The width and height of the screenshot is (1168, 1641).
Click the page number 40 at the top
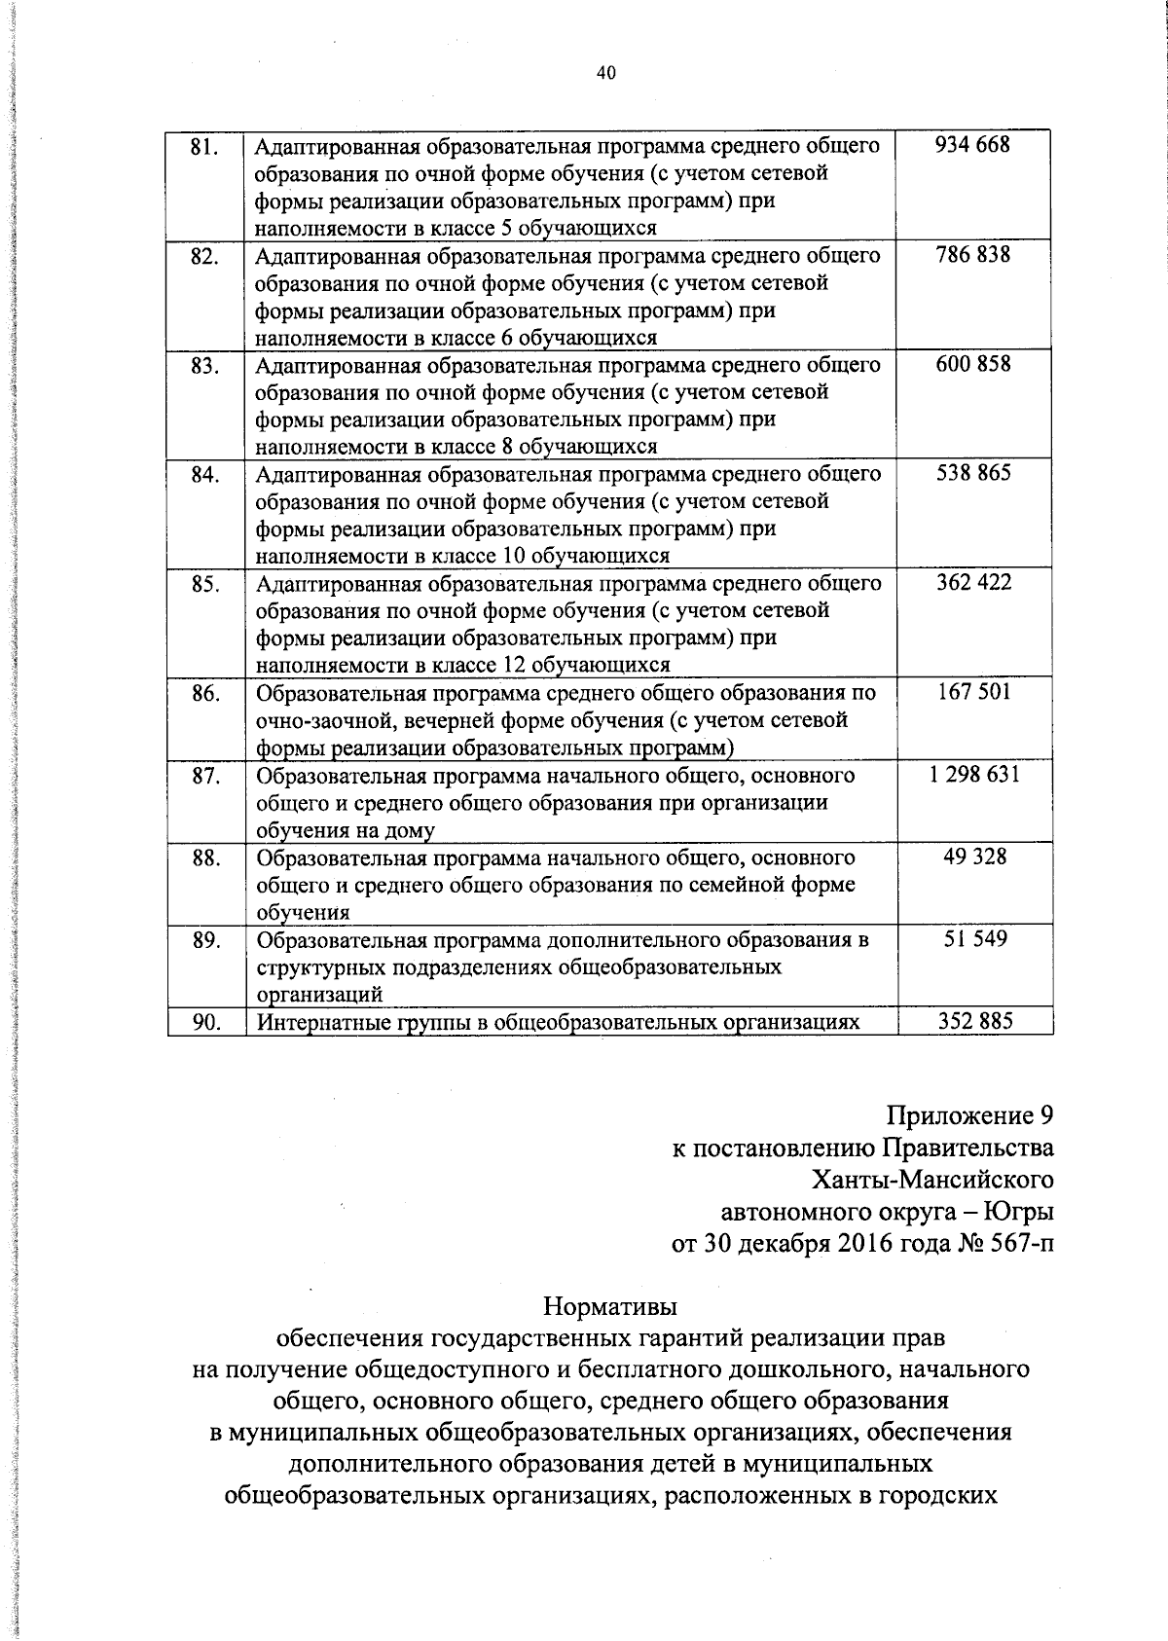tap(605, 73)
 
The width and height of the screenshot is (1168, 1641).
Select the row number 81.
tap(203, 148)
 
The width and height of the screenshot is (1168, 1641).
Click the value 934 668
tap(972, 145)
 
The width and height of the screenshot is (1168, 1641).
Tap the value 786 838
tap(972, 255)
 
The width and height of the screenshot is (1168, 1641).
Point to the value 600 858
tap(972, 364)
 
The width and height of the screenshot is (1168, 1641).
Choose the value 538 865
tap(972, 473)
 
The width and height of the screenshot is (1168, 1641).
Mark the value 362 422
tap(973, 582)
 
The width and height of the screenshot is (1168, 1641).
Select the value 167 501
tap(973, 691)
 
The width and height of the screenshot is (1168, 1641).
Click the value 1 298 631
tap(973, 774)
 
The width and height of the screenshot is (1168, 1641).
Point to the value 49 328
tap(974, 857)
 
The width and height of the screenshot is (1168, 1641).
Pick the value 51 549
tap(974, 939)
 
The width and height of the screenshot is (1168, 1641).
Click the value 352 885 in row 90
tap(974, 1021)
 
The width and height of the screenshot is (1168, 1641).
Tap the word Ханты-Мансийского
tap(932, 1180)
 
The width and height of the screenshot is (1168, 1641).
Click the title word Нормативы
tap(609, 1304)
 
